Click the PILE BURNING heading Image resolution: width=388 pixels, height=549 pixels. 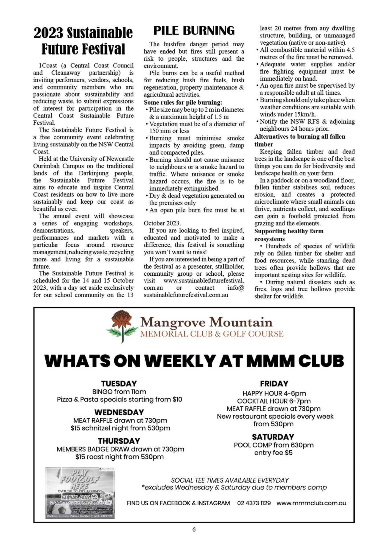click(x=194, y=31)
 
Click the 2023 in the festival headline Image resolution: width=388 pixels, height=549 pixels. click(x=48, y=33)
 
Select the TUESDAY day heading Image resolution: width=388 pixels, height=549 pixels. click(x=119, y=383)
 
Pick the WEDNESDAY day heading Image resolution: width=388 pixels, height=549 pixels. click(x=119, y=412)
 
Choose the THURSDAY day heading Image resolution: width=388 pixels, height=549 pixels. click(x=119, y=441)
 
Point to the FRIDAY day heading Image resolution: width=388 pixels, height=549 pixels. click(x=274, y=383)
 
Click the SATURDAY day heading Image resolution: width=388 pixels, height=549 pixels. click(x=273, y=437)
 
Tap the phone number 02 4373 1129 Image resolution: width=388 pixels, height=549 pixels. click(x=254, y=503)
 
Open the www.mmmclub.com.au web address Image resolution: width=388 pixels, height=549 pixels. click(x=311, y=503)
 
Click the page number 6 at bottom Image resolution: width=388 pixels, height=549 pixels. click(x=194, y=529)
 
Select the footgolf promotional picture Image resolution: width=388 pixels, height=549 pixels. click(x=80, y=492)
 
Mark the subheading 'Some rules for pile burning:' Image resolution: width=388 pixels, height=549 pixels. click(x=183, y=102)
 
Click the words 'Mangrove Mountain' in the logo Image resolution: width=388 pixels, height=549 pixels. click(x=206, y=322)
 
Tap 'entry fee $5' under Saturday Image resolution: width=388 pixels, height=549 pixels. click(x=273, y=453)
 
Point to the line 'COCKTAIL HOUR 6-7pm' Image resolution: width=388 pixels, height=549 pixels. click(x=274, y=401)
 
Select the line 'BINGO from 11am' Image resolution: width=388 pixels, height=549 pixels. click(x=119, y=392)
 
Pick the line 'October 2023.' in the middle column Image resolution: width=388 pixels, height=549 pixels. click(x=162, y=223)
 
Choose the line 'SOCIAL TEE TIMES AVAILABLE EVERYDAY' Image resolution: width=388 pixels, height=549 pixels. click(x=230, y=480)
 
